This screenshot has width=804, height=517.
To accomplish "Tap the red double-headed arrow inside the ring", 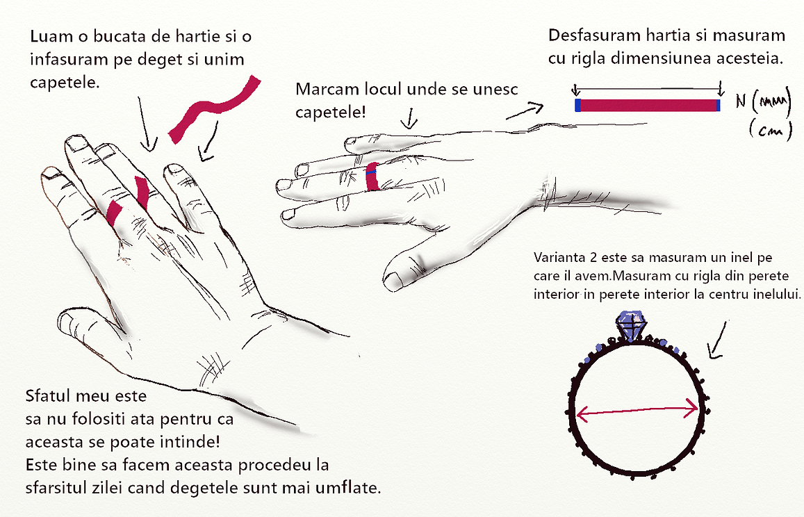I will [637, 410].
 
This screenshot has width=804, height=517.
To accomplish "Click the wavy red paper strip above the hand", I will [212, 108].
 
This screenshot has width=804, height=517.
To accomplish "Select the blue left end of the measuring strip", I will [577, 105].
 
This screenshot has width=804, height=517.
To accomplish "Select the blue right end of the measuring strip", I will [719, 105].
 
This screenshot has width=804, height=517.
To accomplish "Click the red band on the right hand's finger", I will [372, 178].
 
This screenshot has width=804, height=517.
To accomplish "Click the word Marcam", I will [327, 90].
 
